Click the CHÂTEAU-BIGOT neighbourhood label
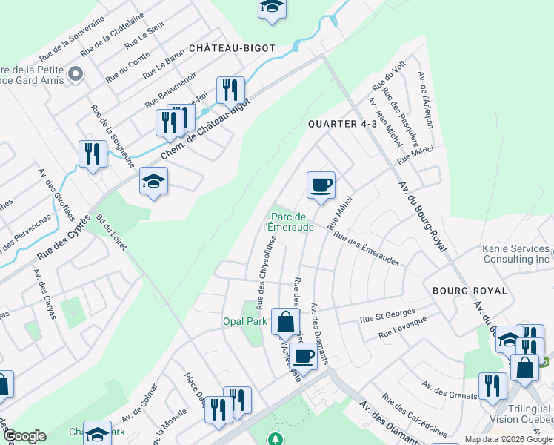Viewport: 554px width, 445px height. tap(232, 48)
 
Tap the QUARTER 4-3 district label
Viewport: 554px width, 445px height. tap(342, 124)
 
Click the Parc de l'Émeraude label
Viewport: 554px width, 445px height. tap(290, 222)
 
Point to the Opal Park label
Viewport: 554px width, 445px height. tap(244, 321)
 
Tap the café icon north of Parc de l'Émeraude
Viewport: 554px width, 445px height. tap(321, 185)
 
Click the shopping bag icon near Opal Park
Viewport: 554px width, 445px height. tap(285, 323)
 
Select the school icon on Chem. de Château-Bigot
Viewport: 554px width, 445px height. tap(153, 181)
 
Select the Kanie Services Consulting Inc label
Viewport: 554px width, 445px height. tap(517, 254)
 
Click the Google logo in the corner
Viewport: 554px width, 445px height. tap(24, 436)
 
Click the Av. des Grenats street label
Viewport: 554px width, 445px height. tap(450, 389)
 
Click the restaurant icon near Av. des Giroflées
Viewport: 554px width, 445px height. tap(93, 154)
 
